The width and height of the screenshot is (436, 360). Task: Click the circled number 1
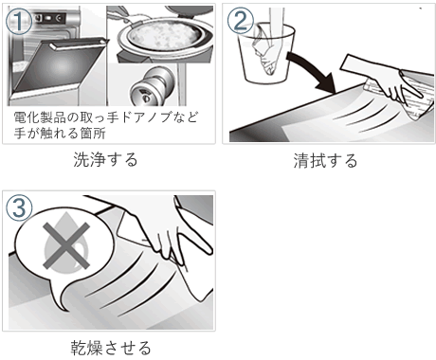point(19,21)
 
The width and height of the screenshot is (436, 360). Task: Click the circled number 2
point(241,21)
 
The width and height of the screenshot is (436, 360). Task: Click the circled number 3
point(19,207)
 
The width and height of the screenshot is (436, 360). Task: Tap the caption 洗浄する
point(105,159)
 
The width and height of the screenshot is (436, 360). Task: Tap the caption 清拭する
point(325,160)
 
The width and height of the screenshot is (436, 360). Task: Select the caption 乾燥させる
point(111,348)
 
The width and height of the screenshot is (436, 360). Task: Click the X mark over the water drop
point(66,245)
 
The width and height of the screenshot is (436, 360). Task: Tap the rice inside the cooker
point(164,35)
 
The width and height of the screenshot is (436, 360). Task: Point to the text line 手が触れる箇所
point(60,133)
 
